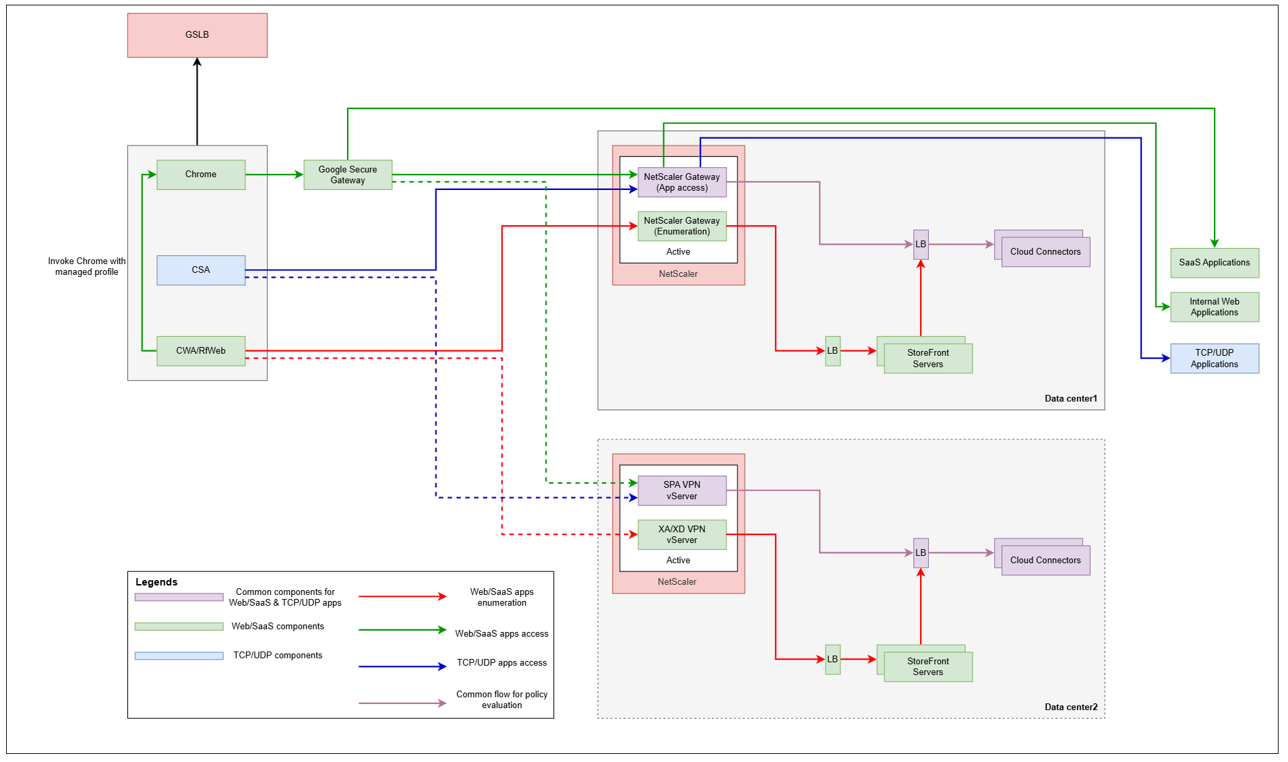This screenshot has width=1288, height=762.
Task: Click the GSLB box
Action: (197, 35)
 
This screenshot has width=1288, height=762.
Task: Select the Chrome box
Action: (201, 174)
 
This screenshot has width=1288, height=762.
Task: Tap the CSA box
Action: (201, 270)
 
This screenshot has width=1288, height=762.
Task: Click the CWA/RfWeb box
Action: (201, 351)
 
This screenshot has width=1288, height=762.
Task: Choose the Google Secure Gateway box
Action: (347, 175)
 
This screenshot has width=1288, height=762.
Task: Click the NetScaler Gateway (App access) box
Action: (681, 183)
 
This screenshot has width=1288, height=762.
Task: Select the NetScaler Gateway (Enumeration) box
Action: (681, 226)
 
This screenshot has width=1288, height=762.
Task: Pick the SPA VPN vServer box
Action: (681, 490)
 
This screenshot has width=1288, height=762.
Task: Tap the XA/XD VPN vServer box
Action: (681, 535)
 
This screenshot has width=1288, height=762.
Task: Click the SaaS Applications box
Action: (1214, 263)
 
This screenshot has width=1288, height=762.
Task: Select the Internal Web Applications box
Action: (1214, 307)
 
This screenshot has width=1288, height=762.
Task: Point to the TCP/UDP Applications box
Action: (1214, 358)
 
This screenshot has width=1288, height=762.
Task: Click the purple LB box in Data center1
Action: (920, 245)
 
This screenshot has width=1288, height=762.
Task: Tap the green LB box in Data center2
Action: (832, 660)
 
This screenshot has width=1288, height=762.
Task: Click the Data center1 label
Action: (1070, 399)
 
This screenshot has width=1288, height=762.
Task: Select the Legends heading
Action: (156, 582)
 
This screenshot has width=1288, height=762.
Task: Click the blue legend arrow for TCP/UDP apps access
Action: (402, 666)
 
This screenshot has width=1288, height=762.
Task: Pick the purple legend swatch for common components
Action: (179, 597)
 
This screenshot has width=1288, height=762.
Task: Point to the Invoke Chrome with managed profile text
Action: (86, 267)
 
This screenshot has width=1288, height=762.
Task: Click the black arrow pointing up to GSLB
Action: (197, 101)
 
